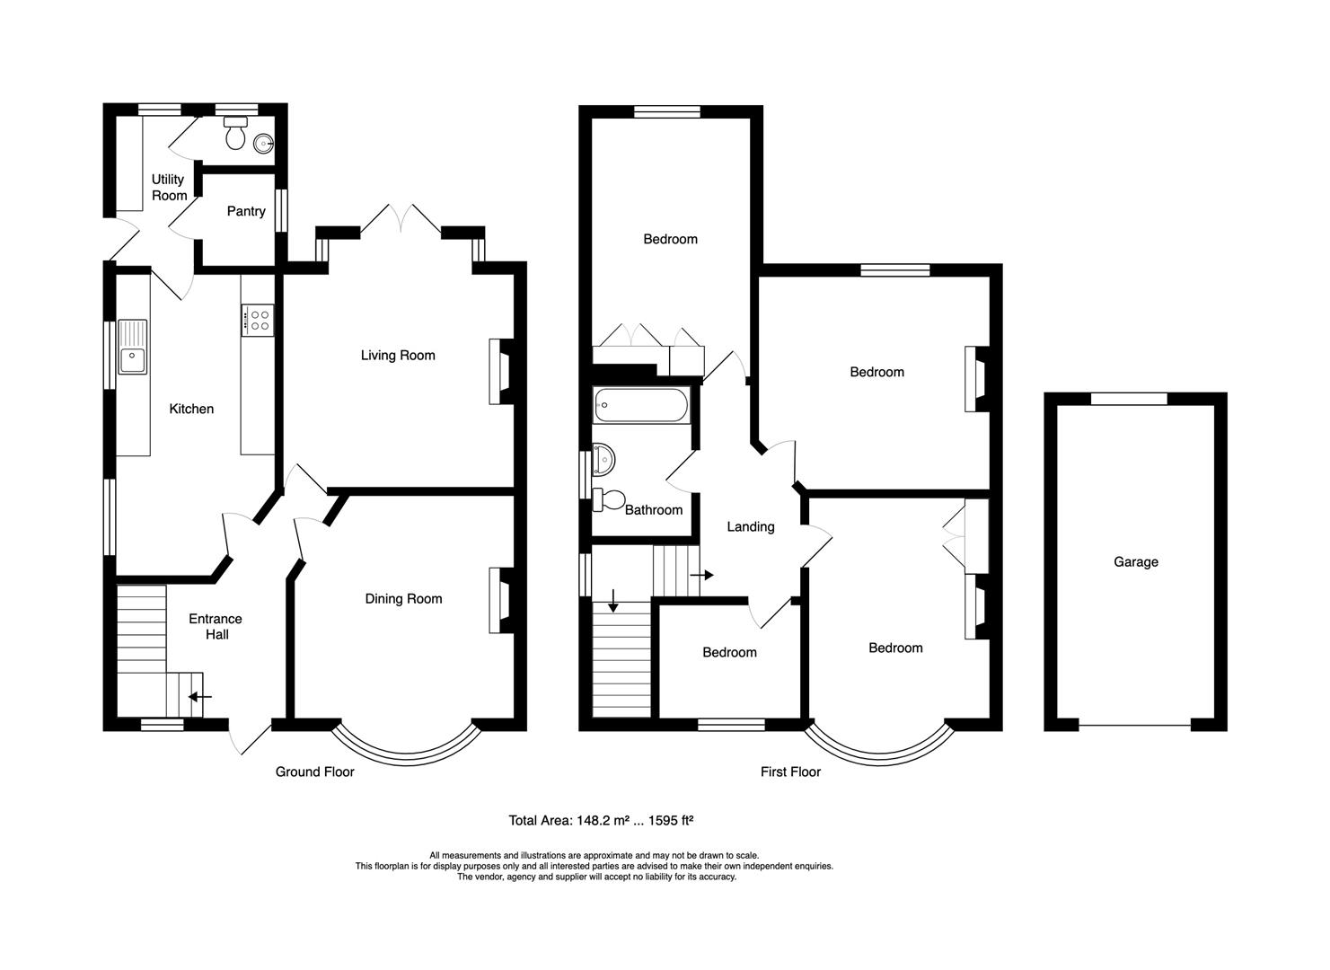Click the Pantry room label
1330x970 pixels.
(x=245, y=211)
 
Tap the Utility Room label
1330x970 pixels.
(x=168, y=187)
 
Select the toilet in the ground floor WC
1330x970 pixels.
(x=235, y=136)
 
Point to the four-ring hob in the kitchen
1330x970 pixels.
(x=260, y=320)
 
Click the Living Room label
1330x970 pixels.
(x=398, y=355)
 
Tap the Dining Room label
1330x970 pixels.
(x=403, y=599)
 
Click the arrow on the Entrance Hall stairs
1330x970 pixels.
(x=199, y=696)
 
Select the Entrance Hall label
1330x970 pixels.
(x=216, y=626)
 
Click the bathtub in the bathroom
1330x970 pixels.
(x=641, y=405)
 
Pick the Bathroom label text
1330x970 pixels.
(x=653, y=509)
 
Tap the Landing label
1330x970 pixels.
(x=750, y=526)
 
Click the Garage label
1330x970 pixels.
(x=1135, y=561)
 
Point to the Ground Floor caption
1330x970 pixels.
(x=314, y=772)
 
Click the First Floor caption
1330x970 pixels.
(x=790, y=772)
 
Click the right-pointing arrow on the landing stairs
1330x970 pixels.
(x=702, y=575)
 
